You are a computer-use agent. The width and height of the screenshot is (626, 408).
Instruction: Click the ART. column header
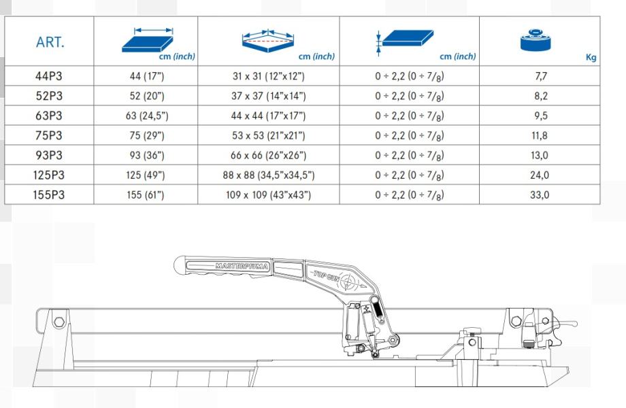[x=50, y=42]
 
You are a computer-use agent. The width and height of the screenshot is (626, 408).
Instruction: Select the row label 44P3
[x=49, y=75]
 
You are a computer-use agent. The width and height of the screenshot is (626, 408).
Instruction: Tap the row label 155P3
[x=49, y=194]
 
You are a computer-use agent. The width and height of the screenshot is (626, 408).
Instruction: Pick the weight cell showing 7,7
[x=540, y=75]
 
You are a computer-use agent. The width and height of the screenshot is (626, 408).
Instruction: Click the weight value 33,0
[x=540, y=194]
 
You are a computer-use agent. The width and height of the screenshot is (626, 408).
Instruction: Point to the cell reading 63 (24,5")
[x=147, y=116]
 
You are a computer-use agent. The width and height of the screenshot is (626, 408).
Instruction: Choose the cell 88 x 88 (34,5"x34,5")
[x=269, y=175]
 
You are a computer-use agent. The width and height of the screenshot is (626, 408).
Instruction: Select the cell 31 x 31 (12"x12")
[x=269, y=75]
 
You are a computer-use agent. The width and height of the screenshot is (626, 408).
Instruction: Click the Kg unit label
[x=591, y=57]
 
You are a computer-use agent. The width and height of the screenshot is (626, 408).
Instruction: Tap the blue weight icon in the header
[x=536, y=40]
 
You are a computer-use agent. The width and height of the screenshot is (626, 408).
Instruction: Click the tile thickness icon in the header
[x=405, y=40]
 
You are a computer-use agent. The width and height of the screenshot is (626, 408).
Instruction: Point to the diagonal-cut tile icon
[x=268, y=41]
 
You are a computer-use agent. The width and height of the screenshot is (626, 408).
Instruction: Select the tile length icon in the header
[x=148, y=40]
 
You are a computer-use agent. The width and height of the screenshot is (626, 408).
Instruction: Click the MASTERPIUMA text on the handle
[x=242, y=266]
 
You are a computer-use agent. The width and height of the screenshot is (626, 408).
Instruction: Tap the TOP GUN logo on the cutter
[x=327, y=276]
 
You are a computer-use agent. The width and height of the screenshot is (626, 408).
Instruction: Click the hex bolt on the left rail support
[x=59, y=322]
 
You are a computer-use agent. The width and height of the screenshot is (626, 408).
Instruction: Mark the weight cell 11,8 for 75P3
[x=540, y=135]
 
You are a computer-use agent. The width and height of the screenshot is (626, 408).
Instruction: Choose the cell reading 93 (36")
[x=147, y=155]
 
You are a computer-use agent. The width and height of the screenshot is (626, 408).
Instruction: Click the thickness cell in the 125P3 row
[x=409, y=175]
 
